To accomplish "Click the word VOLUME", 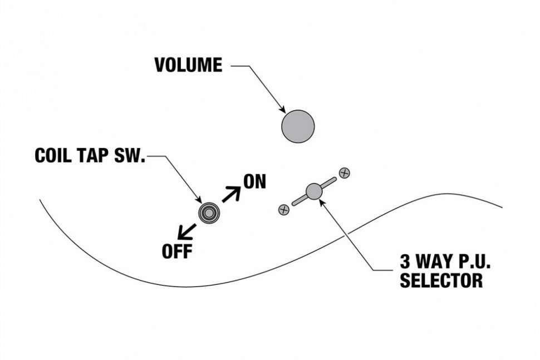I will [188, 65].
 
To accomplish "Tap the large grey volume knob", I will [298, 126].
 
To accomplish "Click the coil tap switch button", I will [209, 212].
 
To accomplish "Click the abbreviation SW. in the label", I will [131, 156].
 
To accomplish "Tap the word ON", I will [255, 182].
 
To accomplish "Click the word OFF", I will [177, 251].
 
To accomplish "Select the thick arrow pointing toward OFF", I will [186, 230].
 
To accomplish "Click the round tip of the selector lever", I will [314, 191].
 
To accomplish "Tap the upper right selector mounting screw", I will [345, 172].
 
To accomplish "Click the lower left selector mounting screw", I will [284, 210].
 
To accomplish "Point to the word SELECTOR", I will [441, 280].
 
